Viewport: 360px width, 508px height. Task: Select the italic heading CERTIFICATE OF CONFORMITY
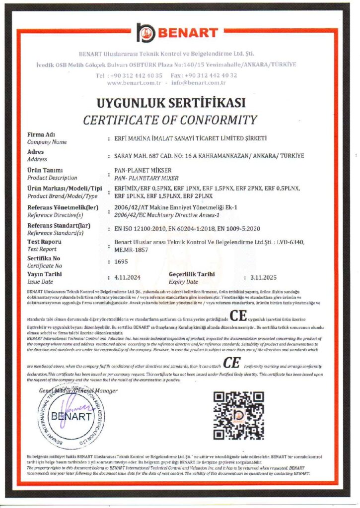170,120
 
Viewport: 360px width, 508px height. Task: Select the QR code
239,415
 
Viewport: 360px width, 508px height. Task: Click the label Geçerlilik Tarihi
192,274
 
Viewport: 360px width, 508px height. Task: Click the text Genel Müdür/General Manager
78,391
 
